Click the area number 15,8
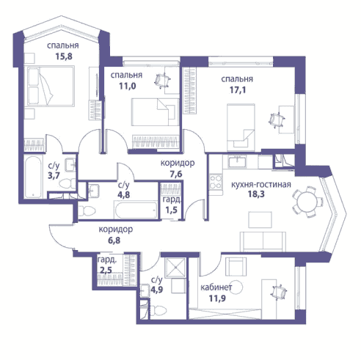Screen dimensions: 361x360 click(x=64, y=56)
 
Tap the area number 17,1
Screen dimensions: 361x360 click(x=238, y=90)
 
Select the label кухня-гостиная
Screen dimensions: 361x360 click(x=261, y=184)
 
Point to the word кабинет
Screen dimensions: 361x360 click(x=216, y=287)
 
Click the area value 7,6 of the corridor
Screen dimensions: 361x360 click(x=176, y=175)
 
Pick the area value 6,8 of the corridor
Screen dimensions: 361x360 click(x=114, y=240)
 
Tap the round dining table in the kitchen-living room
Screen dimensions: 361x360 click(x=307, y=202)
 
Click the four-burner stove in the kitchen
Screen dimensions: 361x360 click(x=216, y=182)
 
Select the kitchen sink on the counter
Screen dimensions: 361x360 click(x=237, y=162)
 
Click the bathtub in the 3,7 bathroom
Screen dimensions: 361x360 click(x=33, y=177)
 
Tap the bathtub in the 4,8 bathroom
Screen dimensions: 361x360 click(x=136, y=210)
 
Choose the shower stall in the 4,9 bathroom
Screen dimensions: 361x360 click(x=175, y=268)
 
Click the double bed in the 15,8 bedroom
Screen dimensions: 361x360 click(x=51, y=86)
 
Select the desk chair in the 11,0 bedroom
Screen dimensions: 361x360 click(x=162, y=80)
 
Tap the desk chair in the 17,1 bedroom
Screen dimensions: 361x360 click(x=277, y=120)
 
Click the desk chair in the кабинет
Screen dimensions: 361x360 click(x=279, y=293)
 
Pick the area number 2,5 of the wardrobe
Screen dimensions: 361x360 click(x=106, y=271)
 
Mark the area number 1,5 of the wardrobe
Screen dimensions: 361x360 click(x=171, y=210)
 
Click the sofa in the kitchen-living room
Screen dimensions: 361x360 click(x=263, y=241)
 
